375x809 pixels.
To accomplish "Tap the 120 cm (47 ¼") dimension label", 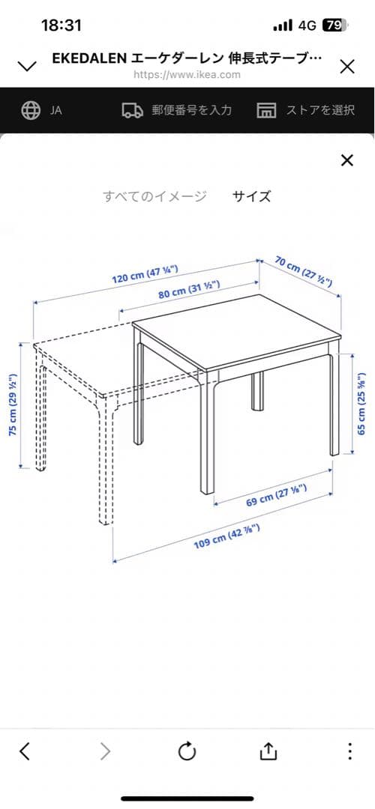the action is click(x=145, y=273).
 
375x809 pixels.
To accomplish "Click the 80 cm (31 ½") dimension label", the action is click(x=189, y=288).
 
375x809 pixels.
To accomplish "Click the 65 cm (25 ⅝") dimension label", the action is click(x=362, y=404).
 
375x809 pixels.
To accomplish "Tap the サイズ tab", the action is click(x=251, y=196).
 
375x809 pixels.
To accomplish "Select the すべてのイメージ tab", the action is click(x=155, y=196).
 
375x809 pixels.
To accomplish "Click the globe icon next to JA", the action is click(x=31, y=110).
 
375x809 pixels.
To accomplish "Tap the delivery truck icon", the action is click(x=133, y=110).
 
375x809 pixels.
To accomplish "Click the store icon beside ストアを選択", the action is click(x=266, y=110).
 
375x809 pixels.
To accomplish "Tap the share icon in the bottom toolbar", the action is click(x=268, y=751).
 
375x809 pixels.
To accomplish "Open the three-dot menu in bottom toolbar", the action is click(x=349, y=751).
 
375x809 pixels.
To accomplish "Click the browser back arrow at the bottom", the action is click(x=24, y=751).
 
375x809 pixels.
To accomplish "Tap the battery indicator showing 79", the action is click(x=335, y=25).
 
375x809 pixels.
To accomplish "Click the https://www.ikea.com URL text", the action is click(x=187, y=74).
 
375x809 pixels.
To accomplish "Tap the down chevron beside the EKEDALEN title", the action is click(x=27, y=66).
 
